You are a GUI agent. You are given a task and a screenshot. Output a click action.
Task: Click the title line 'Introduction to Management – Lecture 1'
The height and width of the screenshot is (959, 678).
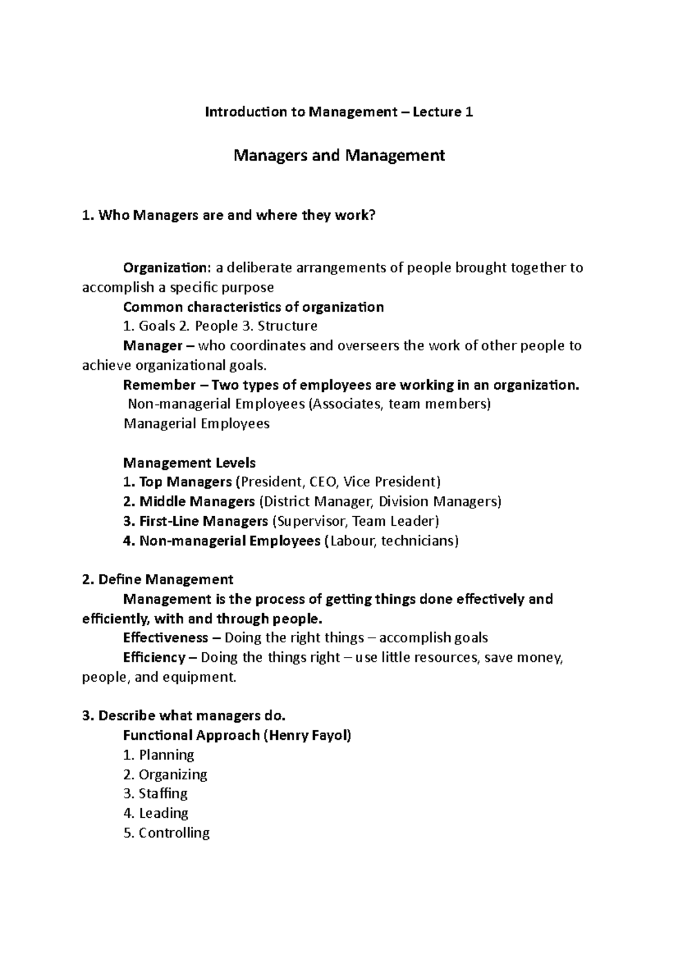coord(339,112)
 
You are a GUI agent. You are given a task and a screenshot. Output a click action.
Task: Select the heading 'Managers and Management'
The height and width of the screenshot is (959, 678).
coord(339,155)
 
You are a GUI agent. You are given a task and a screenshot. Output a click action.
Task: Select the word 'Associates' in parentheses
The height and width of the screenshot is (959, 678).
coord(349,404)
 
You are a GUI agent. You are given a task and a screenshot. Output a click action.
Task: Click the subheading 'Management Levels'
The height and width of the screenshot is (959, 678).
coord(189,463)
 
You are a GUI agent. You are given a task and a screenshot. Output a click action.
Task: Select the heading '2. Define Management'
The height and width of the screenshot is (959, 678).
coord(158,579)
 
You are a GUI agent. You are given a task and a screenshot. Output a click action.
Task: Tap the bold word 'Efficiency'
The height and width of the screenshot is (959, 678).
coord(154,657)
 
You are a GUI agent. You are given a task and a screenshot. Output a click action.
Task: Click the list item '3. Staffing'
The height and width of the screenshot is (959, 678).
coord(155,794)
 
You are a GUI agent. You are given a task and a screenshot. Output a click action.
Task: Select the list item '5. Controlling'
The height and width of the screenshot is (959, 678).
coord(166,833)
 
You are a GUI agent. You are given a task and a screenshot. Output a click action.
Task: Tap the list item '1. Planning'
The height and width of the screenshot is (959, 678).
coord(159,755)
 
